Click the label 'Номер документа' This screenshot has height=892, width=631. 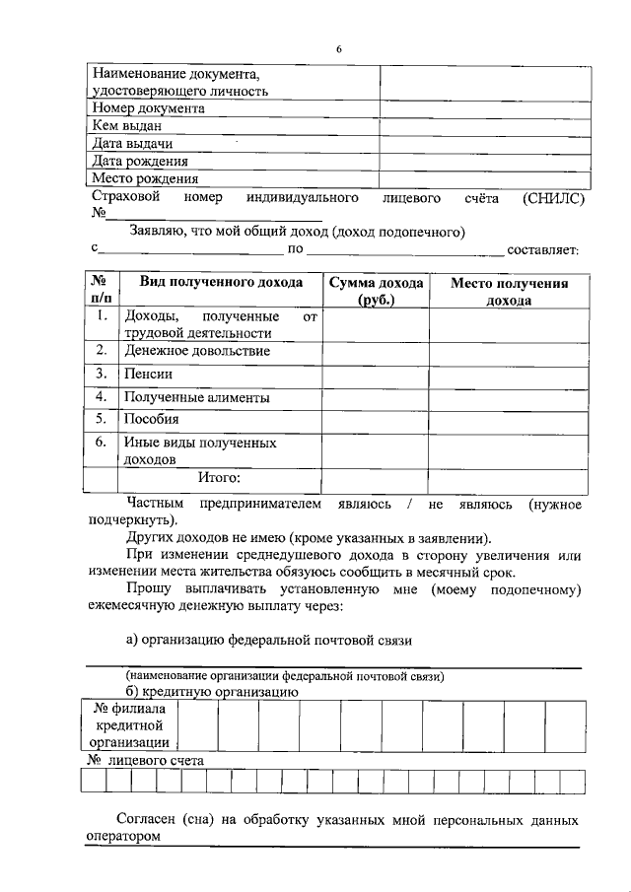[x=148, y=108]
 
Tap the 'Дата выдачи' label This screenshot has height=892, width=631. [x=132, y=144]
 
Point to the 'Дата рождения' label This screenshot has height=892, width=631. [x=139, y=161]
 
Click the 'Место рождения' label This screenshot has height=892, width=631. [x=144, y=178]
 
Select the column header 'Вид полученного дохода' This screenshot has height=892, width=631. [x=220, y=282]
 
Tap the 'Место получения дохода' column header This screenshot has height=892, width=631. [x=510, y=291]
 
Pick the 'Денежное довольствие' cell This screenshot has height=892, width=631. [x=196, y=350]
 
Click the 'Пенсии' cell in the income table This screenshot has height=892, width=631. [x=145, y=375]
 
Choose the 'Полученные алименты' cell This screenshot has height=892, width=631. [x=196, y=398]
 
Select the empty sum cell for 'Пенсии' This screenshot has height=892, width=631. [x=376, y=375]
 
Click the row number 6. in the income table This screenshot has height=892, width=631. [x=101, y=444]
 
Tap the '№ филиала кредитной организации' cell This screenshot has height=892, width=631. [x=129, y=725]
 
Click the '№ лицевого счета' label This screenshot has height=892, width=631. [x=145, y=761]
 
